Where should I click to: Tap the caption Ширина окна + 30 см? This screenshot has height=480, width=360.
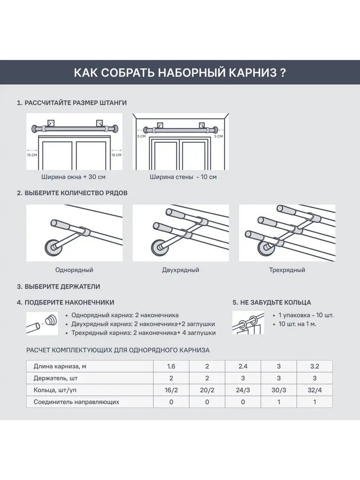coord(74,176)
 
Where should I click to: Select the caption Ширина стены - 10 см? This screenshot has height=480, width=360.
coord(183,176)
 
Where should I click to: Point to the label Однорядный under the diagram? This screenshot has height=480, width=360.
coord(74,270)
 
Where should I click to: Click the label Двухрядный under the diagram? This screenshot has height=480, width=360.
coord(181,270)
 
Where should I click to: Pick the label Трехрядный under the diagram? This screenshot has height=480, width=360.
coord(287,270)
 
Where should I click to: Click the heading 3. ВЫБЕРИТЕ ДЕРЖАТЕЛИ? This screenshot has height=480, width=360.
coord(58,287)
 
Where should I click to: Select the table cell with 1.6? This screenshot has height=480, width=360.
coord(171,366)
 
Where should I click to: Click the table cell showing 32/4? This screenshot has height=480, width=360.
coord(314,390)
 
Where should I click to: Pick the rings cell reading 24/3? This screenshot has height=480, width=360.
coord(243,390)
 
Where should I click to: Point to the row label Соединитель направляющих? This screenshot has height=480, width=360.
coord(76,402)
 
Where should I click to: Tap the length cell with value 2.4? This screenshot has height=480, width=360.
coord(243,366)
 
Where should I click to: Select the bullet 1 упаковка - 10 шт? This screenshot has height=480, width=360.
coord(306,315)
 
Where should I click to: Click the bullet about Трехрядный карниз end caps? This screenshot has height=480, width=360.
coord(143,333)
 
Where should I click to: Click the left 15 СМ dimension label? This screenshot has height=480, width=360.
coord(32,155)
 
